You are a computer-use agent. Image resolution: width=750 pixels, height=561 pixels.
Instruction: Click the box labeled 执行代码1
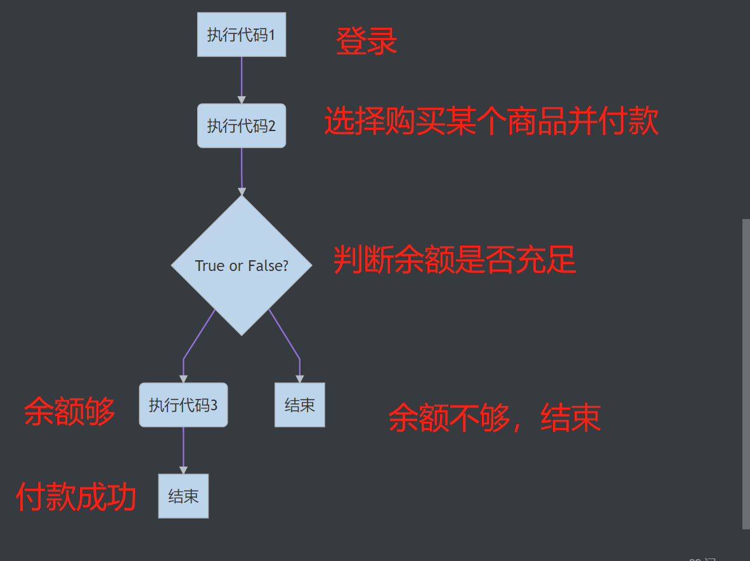(241, 34)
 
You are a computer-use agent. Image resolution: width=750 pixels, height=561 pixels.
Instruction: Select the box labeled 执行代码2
(241, 125)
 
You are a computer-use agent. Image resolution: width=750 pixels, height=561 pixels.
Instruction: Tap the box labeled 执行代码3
(183, 405)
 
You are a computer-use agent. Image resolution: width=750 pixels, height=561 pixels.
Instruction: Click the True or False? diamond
(242, 265)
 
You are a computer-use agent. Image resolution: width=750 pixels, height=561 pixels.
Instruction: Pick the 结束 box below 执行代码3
(183, 496)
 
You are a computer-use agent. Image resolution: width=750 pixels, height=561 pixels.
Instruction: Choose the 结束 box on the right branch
(299, 405)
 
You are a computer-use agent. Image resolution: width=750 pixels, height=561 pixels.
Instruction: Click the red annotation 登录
(366, 41)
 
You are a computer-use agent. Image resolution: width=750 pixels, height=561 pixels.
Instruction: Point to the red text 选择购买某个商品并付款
(491, 121)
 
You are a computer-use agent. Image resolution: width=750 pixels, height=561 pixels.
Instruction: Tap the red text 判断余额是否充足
(455, 259)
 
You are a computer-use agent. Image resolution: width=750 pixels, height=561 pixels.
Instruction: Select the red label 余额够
(70, 412)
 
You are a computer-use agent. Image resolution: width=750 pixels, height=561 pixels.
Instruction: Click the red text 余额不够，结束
(495, 418)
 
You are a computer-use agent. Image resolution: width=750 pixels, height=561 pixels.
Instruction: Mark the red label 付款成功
(76, 497)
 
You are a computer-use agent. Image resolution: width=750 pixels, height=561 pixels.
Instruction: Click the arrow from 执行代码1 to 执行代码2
(242, 76)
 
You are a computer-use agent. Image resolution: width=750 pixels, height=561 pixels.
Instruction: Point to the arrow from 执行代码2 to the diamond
(242, 168)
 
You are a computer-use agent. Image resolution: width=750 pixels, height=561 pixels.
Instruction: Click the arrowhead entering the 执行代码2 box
(242, 99)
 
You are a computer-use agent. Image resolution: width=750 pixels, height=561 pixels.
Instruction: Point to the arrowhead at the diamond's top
(242, 191)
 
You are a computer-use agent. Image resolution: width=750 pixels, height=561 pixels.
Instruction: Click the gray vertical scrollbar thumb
(746, 374)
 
